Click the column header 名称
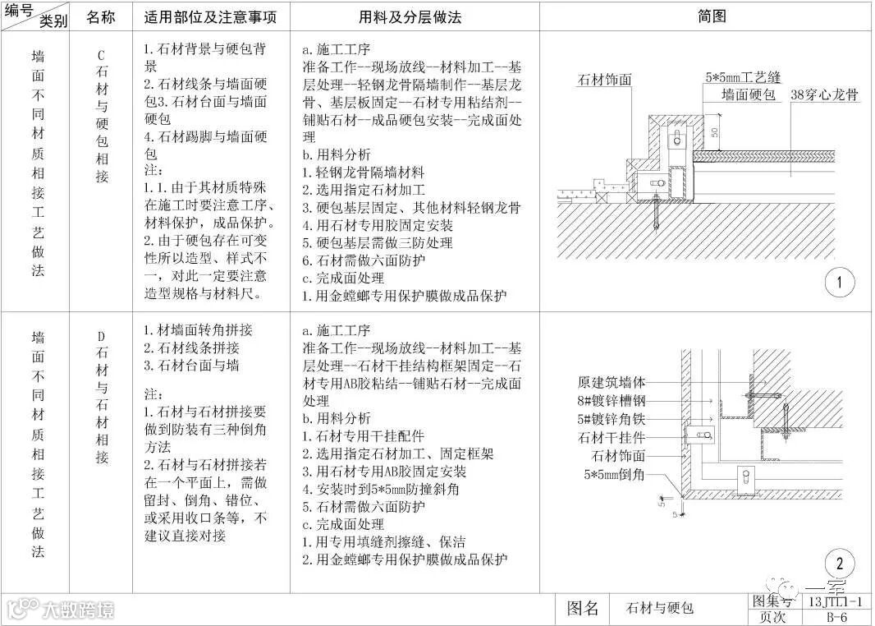tap(101, 16)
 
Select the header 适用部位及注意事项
tap(211, 16)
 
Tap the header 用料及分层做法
tap(415, 16)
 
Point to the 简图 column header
tap(712, 16)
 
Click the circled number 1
tap(839, 284)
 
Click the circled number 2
tap(839, 564)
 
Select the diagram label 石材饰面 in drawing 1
tap(606, 80)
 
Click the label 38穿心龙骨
tap(824, 95)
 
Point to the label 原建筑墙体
tap(612, 382)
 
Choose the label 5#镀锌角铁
tap(612, 419)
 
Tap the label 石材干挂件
tap(612, 437)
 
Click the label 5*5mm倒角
tap(615, 474)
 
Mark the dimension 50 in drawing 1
tap(714, 132)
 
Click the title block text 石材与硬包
tap(659, 609)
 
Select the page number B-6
tap(836, 617)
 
